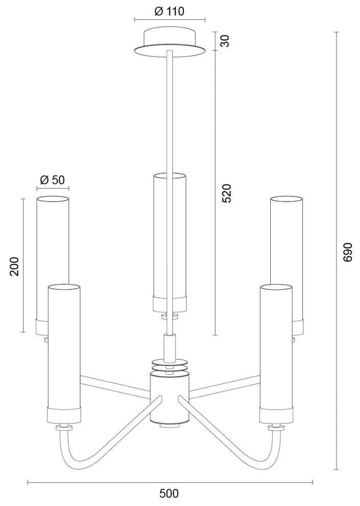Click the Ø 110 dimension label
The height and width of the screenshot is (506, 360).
coord(169,11)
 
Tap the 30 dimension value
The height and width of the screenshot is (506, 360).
coord(225,40)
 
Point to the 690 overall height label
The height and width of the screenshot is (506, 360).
coord(348,252)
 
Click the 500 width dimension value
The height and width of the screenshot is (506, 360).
coord(169,493)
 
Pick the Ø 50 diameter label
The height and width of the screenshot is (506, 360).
coord(52,179)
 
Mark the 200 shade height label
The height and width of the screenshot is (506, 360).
coord(14,266)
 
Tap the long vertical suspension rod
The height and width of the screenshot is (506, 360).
coord(170,112)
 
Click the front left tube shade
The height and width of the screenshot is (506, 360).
coord(64,347)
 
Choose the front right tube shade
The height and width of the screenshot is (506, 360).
coord(276,347)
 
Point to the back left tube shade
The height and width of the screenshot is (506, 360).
coord(52,239)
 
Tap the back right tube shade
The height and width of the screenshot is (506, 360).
coord(287,239)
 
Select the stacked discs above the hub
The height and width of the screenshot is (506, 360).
coord(170,364)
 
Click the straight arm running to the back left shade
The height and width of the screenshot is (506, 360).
coord(115,386)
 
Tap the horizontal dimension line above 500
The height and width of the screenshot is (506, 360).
coord(170,482)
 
